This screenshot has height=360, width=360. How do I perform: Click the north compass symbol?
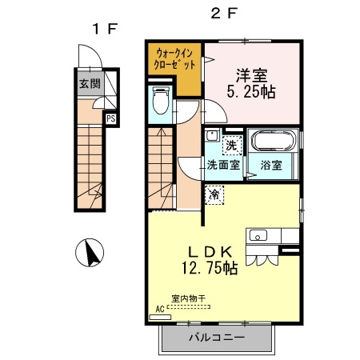point(90,252)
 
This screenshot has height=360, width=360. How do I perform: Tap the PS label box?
point(111,118)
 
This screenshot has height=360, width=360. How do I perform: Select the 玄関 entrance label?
point(90,84)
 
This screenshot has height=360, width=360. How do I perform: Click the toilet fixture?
point(161,101)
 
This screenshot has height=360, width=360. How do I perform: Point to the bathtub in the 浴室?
point(274,141)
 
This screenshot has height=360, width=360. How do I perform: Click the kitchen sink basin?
point(258,236)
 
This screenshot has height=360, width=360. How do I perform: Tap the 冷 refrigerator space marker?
point(214,195)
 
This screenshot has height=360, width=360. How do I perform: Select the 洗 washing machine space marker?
point(232,145)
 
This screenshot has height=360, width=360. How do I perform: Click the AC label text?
point(160,310)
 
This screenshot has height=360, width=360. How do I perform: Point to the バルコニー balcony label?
point(217,338)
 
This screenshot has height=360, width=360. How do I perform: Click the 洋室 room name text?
point(251,75)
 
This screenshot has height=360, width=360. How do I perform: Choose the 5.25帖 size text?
point(251,92)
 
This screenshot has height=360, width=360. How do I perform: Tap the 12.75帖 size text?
point(210,268)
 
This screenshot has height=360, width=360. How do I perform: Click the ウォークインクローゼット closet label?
point(174,59)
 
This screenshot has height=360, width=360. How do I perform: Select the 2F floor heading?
point(223,13)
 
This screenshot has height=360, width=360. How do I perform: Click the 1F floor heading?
point(105,29)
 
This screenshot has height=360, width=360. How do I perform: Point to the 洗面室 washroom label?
point(223,166)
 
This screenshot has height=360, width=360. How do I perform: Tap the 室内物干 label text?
point(188,298)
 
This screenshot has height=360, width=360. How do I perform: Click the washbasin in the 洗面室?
point(212,135)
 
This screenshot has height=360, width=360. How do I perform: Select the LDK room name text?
point(210,251)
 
